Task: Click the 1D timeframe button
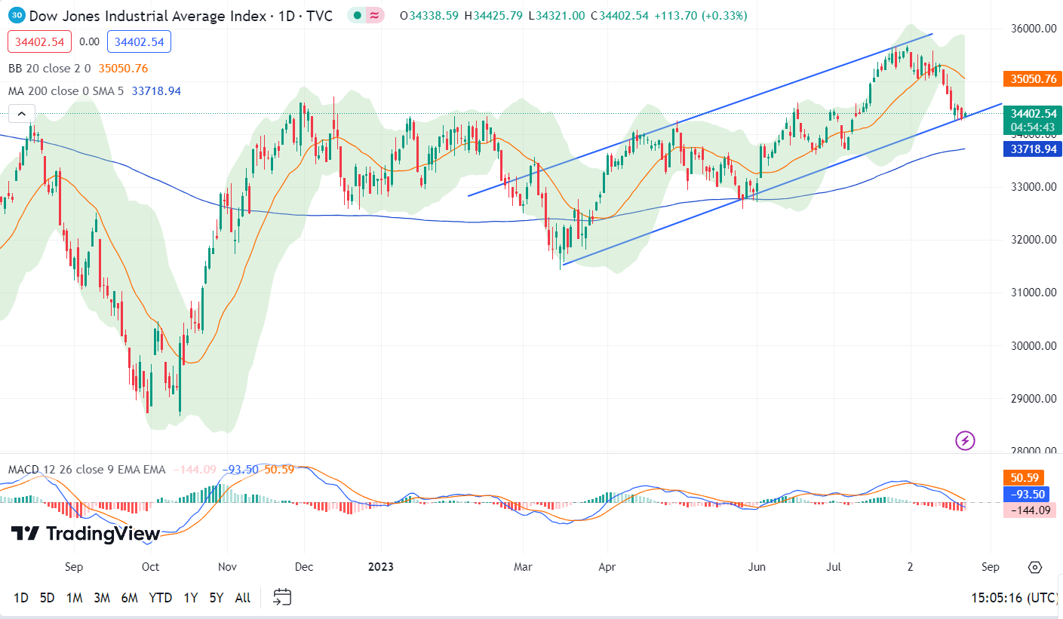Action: pyautogui.click(x=21, y=598)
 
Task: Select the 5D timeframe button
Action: pyautogui.click(x=47, y=598)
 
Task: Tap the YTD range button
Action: pyautogui.click(x=160, y=598)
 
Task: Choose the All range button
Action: pyautogui.click(x=242, y=598)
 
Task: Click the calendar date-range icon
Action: pyautogui.click(x=282, y=598)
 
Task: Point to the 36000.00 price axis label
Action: pyautogui.click(x=1032, y=29)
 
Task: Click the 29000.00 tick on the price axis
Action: pyautogui.click(x=1032, y=399)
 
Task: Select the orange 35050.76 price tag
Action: pyautogui.click(x=1032, y=78)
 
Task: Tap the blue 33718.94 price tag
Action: pyautogui.click(x=1032, y=149)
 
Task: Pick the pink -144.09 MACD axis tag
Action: pyautogui.click(x=1029, y=510)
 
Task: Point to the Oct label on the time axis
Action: pyautogui.click(x=150, y=567)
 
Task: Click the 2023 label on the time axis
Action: pyautogui.click(x=380, y=567)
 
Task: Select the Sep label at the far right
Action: pyautogui.click(x=991, y=567)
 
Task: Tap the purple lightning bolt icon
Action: pyautogui.click(x=965, y=440)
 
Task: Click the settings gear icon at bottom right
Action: pyautogui.click(x=1035, y=567)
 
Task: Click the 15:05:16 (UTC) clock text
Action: pyautogui.click(x=1014, y=598)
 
